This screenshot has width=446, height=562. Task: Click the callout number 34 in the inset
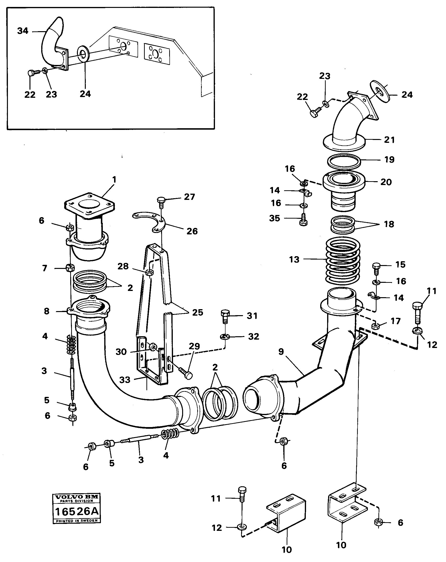tap(23, 31)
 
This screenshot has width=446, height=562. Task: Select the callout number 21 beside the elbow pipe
tap(389, 140)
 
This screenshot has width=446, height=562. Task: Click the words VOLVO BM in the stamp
tap(77, 497)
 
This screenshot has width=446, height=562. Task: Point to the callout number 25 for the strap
tap(197, 312)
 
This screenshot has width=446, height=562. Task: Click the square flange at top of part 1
tap(89, 205)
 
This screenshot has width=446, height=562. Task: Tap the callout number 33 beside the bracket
tap(125, 380)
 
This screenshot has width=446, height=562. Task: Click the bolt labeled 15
tap(376, 268)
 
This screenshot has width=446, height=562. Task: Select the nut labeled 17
tap(375, 326)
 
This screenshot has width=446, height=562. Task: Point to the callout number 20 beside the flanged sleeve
tap(386, 182)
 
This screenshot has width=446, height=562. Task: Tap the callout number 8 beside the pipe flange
tap(46, 311)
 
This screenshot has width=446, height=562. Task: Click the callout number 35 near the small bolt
tap(274, 218)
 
